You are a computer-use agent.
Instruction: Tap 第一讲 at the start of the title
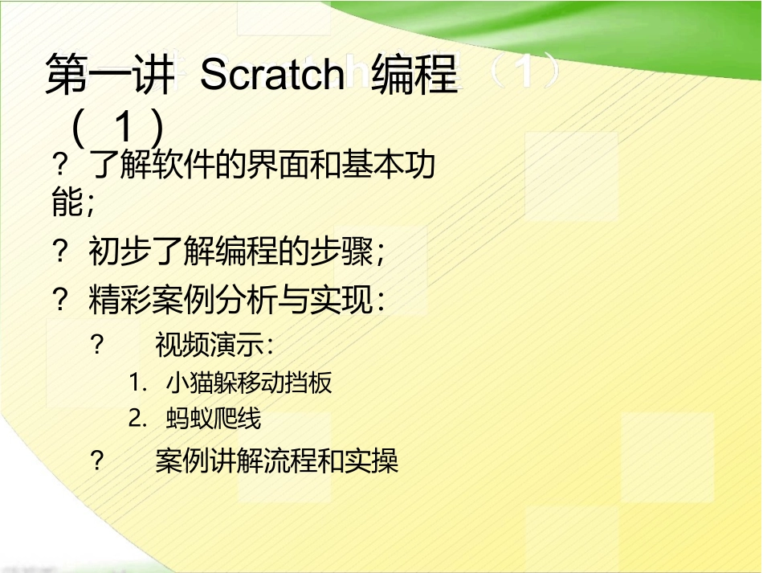coord(109,76)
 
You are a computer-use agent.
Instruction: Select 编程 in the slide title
coord(414,76)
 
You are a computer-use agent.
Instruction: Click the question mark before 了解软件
coord(59,166)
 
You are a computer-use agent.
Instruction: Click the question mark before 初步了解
coord(59,253)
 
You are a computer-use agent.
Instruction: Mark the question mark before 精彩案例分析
coord(59,301)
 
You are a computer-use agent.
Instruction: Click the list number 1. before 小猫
coord(137,383)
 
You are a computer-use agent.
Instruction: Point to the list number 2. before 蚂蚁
coord(137,419)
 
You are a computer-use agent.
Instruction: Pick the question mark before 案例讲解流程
coord(97,461)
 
